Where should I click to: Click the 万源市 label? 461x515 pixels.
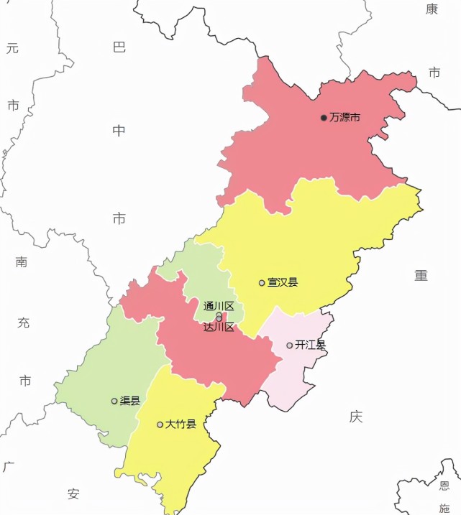coord(344,117)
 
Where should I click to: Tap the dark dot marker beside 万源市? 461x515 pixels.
coord(324,117)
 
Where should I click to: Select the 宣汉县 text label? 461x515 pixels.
coord(283,282)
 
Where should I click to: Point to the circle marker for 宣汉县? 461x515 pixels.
coord(262,282)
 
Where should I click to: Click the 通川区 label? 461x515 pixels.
coord(219,306)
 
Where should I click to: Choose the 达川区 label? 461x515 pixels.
coord(219,327)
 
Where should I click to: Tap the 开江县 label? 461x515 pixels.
coord(310,345)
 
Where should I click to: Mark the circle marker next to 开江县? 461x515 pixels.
coord(289,345)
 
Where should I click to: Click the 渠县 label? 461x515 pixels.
coord(130,401)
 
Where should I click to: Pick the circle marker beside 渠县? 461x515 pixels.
coord(114,401)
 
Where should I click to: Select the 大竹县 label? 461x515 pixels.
coord(181,424)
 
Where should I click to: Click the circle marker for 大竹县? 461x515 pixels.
coord(160,424)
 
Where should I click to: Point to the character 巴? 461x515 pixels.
coord(119,47)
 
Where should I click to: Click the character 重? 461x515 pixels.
coord(421,275)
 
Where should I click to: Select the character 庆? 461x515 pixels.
coord(355,416)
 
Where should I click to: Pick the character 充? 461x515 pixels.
coord(24,323)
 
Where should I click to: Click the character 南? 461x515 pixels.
coord(22,262)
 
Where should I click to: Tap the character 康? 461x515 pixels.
coord(432,9)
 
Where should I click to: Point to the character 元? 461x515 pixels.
coord(12,48)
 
